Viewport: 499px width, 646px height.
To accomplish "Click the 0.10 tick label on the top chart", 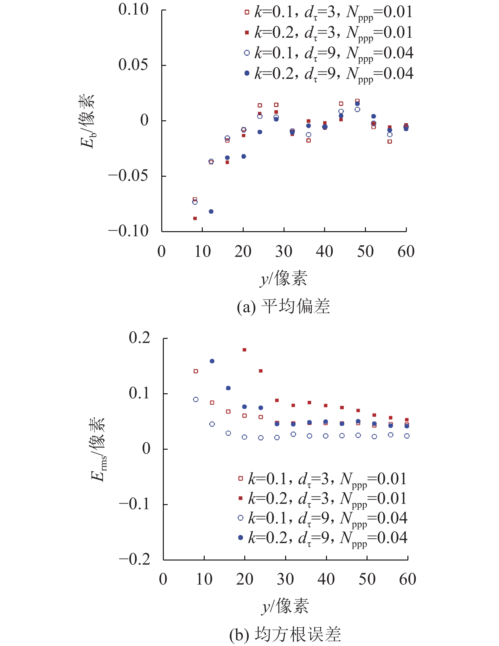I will (x=133, y=9).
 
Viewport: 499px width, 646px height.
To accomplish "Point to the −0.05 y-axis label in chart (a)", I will (x=128, y=176).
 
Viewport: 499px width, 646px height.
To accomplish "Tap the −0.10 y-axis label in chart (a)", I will (x=128, y=231).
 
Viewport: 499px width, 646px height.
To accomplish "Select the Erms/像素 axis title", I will (x=98, y=449).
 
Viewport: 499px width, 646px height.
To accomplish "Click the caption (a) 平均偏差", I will (x=283, y=307).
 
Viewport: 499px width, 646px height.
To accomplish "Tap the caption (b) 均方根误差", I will (x=285, y=634).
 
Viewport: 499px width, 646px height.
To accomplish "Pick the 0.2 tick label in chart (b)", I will (x=139, y=338).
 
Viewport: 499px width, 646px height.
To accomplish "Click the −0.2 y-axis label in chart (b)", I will (x=134, y=560).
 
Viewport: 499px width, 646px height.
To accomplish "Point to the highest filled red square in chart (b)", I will (x=244, y=350).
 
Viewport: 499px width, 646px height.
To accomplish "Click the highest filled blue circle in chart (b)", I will (x=212, y=361).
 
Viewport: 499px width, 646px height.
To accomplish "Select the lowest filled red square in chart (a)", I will (x=195, y=218).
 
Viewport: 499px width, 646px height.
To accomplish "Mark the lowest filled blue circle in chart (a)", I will (x=211, y=212).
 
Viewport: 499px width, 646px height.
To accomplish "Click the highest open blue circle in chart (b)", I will (x=196, y=400).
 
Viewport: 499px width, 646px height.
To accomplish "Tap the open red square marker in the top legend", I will (x=247, y=12).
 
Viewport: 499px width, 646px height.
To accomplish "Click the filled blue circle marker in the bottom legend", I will (x=240, y=537).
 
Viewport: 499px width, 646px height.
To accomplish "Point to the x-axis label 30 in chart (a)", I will (x=284, y=252).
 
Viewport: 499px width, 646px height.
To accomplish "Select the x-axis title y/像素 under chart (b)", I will (x=285, y=606).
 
